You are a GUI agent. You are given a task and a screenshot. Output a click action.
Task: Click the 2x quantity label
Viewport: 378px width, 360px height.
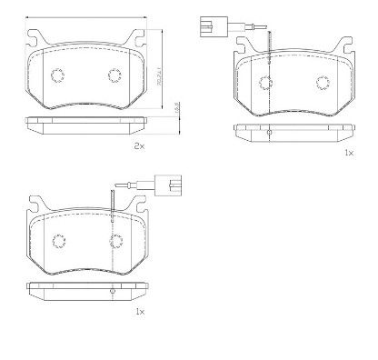[139, 145]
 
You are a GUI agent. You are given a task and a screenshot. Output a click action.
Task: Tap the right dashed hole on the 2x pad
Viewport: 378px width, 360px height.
[115, 75]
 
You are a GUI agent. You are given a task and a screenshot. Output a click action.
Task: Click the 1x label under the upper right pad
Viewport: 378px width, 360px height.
[348, 154]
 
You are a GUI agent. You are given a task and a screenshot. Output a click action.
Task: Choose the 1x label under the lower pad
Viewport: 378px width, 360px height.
[139, 311]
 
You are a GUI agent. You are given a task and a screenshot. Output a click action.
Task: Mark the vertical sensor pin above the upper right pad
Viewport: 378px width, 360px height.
[268, 45]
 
